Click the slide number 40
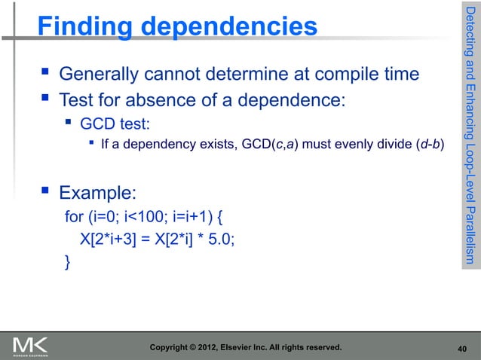[x=462, y=349]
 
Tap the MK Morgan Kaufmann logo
[x=30, y=346]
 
